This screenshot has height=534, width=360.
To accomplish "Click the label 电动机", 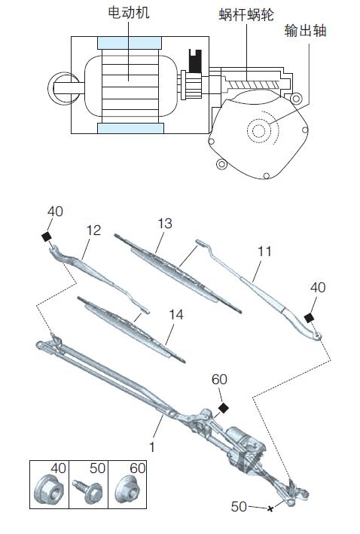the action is coord(128,13).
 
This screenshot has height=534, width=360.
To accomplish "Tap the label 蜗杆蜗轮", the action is coord(246,15).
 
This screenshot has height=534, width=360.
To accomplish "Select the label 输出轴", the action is coord(305,31).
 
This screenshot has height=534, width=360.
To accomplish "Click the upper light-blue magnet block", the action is coord(129,43).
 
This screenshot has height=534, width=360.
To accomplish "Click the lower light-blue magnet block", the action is coord(130,128).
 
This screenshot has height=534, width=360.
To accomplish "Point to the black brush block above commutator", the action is coord(195,61).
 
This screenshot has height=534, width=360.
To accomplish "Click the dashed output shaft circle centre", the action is coord(259,130).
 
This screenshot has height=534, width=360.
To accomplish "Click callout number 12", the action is coord(93,231).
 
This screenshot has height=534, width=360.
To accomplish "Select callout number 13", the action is coord(165,224).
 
